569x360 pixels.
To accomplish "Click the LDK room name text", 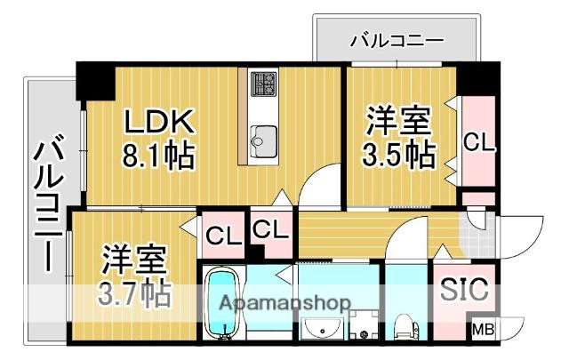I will click(x=156, y=122).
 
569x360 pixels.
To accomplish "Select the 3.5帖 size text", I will click(x=397, y=155).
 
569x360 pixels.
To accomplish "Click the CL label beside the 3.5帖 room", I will click(x=478, y=142).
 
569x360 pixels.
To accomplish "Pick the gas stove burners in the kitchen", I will click(x=263, y=85).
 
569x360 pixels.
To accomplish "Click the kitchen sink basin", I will click(x=264, y=140).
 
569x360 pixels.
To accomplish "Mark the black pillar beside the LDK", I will click(x=96, y=82).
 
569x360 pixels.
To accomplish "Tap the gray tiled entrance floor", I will click(x=480, y=236).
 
